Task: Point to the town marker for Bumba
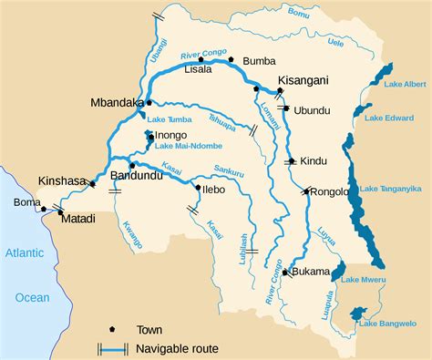(232, 59)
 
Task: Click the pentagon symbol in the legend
(113, 328)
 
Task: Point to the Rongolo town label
(330, 191)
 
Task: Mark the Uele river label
(334, 42)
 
